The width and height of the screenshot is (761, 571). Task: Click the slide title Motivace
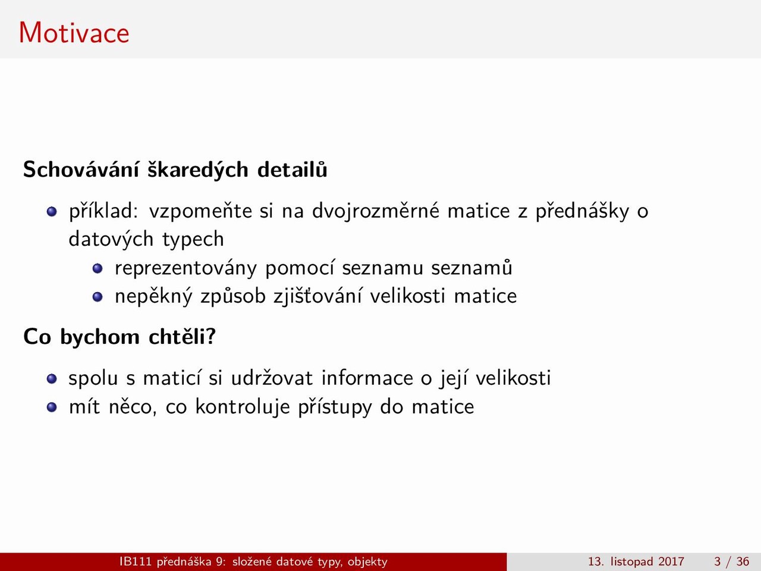pyautogui.click(x=74, y=33)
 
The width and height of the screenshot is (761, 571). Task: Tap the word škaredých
pyautogui.click(x=198, y=170)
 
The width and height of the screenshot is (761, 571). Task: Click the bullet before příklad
pyautogui.click(x=52, y=212)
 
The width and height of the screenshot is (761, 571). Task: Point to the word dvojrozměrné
pyautogui.click(x=376, y=211)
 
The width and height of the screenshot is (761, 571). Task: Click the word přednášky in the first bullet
pyautogui.click(x=582, y=211)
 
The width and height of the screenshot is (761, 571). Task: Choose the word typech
pyautogui.click(x=193, y=240)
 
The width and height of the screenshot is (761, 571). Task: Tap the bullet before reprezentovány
pyautogui.click(x=98, y=268)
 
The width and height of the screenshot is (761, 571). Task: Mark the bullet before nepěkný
pyautogui.click(x=98, y=297)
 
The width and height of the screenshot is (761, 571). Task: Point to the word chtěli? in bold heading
pyautogui.click(x=183, y=336)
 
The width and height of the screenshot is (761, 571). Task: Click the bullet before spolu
pyautogui.click(x=52, y=379)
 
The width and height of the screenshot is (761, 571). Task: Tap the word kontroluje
pyautogui.click(x=243, y=407)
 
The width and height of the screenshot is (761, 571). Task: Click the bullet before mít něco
pyautogui.click(x=52, y=407)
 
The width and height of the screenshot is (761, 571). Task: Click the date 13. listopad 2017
pyautogui.click(x=636, y=561)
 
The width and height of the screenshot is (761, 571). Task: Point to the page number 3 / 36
pyautogui.click(x=731, y=561)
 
